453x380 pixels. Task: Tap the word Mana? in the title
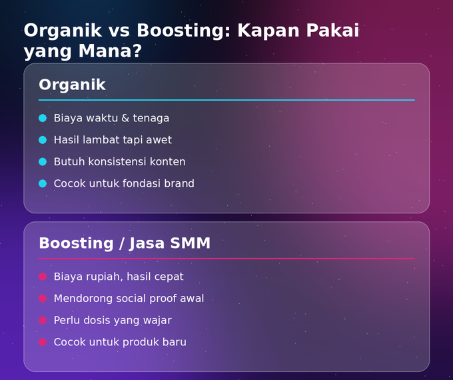(x=110, y=51)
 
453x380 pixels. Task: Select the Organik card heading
(x=72, y=85)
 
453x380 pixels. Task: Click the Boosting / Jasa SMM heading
(x=125, y=243)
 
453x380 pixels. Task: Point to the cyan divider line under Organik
(x=226, y=100)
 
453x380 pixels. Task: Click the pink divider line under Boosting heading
(x=226, y=259)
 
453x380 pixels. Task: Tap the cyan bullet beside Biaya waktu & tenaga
(x=43, y=118)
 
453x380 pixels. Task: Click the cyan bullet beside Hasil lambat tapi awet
(x=43, y=140)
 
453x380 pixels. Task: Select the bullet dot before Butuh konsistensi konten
(x=43, y=161)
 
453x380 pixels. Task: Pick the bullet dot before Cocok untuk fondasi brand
(x=43, y=183)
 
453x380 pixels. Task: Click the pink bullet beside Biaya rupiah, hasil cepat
(x=43, y=277)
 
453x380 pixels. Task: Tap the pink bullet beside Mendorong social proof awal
(x=43, y=299)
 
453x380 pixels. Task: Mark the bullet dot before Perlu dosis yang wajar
(x=43, y=321)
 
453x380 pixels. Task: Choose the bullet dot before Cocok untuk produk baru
(x=43, y=342)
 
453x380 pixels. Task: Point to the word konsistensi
(x=117, y=161)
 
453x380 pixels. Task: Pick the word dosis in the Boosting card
(x=96, y=321)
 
